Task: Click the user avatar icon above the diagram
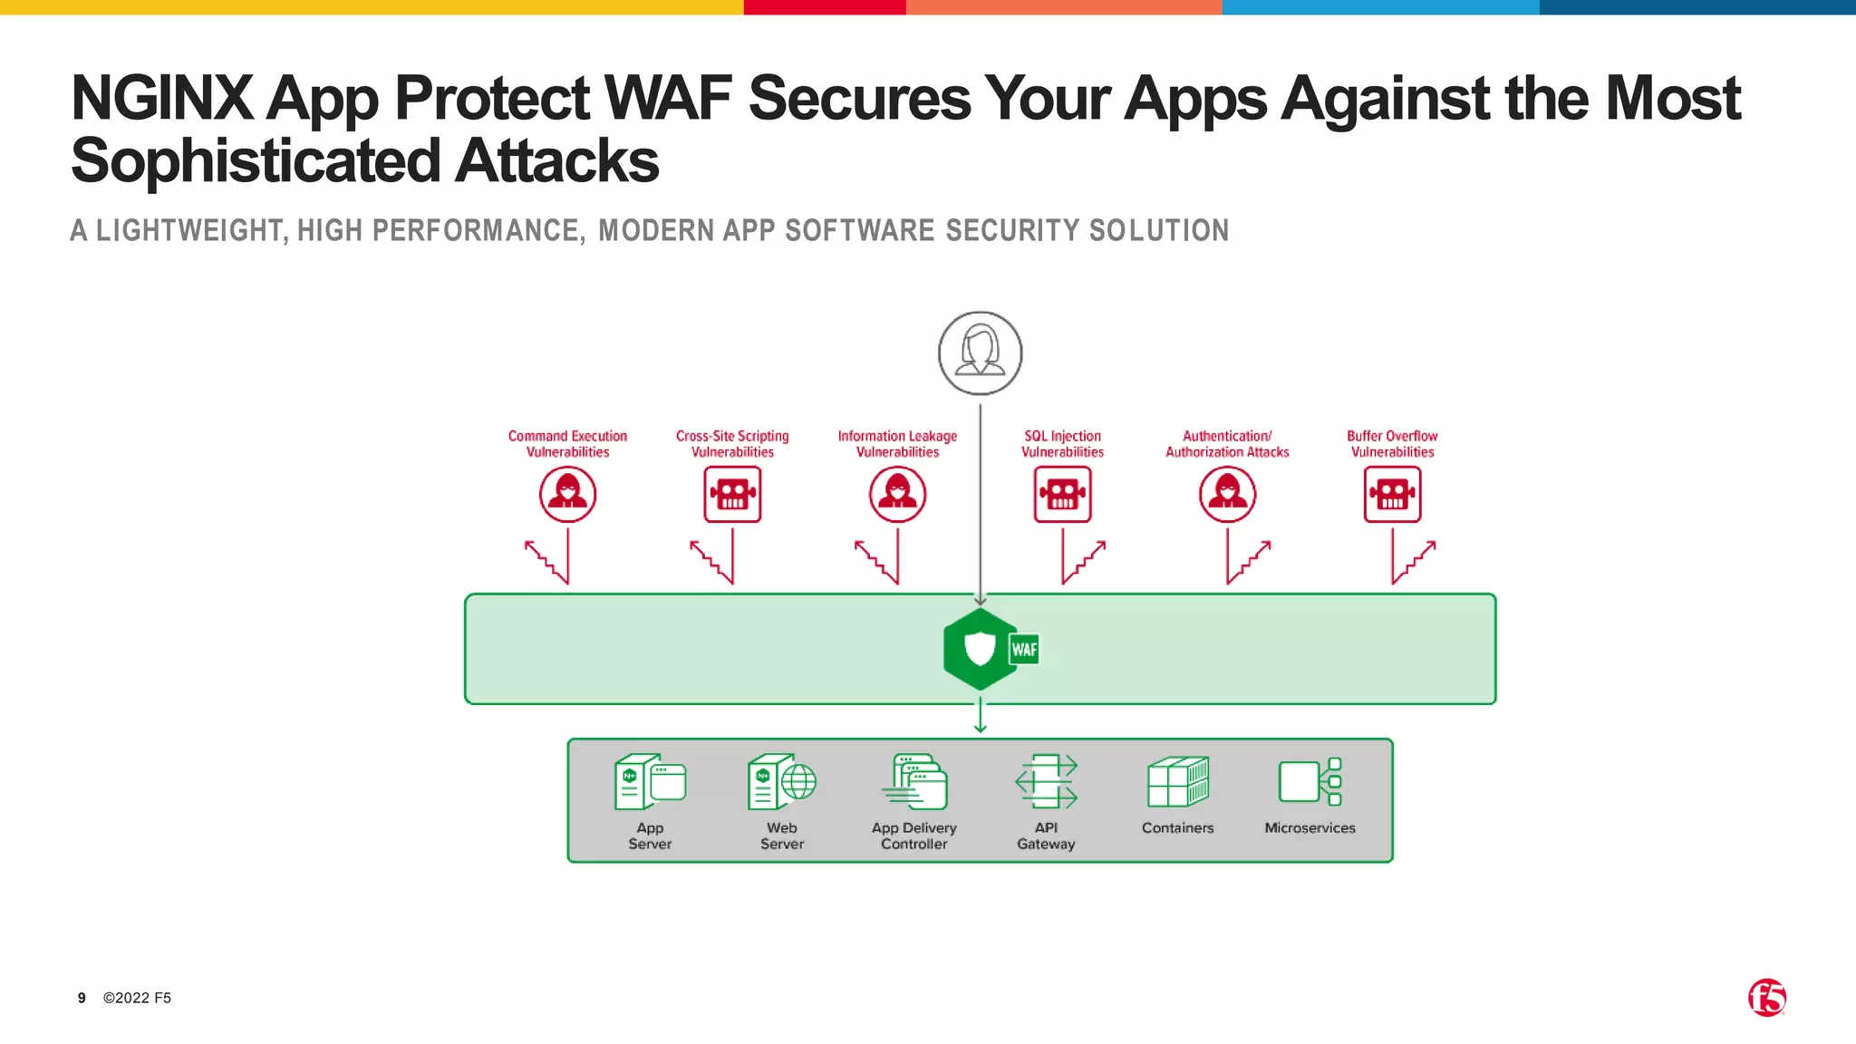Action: [x=980, y=353]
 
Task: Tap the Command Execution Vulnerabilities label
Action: [x=567, y=444]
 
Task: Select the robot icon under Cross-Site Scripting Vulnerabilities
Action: [x=732, y=495]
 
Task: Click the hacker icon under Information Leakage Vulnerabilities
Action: [x=897, y=495]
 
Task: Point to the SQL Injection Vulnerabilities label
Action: [x=1062, y=444]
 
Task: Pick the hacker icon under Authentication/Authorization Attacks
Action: [x=1227, y=495]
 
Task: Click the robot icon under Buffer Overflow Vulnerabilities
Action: [x=1392, y=495]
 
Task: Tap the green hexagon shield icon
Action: [x=979, y=649]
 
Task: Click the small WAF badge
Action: [x=1024, y=649]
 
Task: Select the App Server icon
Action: [x=650, y=782]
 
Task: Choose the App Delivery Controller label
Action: [x=913, y=836]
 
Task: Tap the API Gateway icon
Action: [x=1046, y=782]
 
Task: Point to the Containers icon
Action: [x=1177, y=782]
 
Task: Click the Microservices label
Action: [x=1310, y=828]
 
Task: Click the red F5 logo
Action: [x=1766, y=998]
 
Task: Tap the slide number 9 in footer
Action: [x=82, y=998]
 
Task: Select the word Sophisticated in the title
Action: [x=256, y=161]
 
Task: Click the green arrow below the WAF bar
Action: [x=980, y=716]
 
